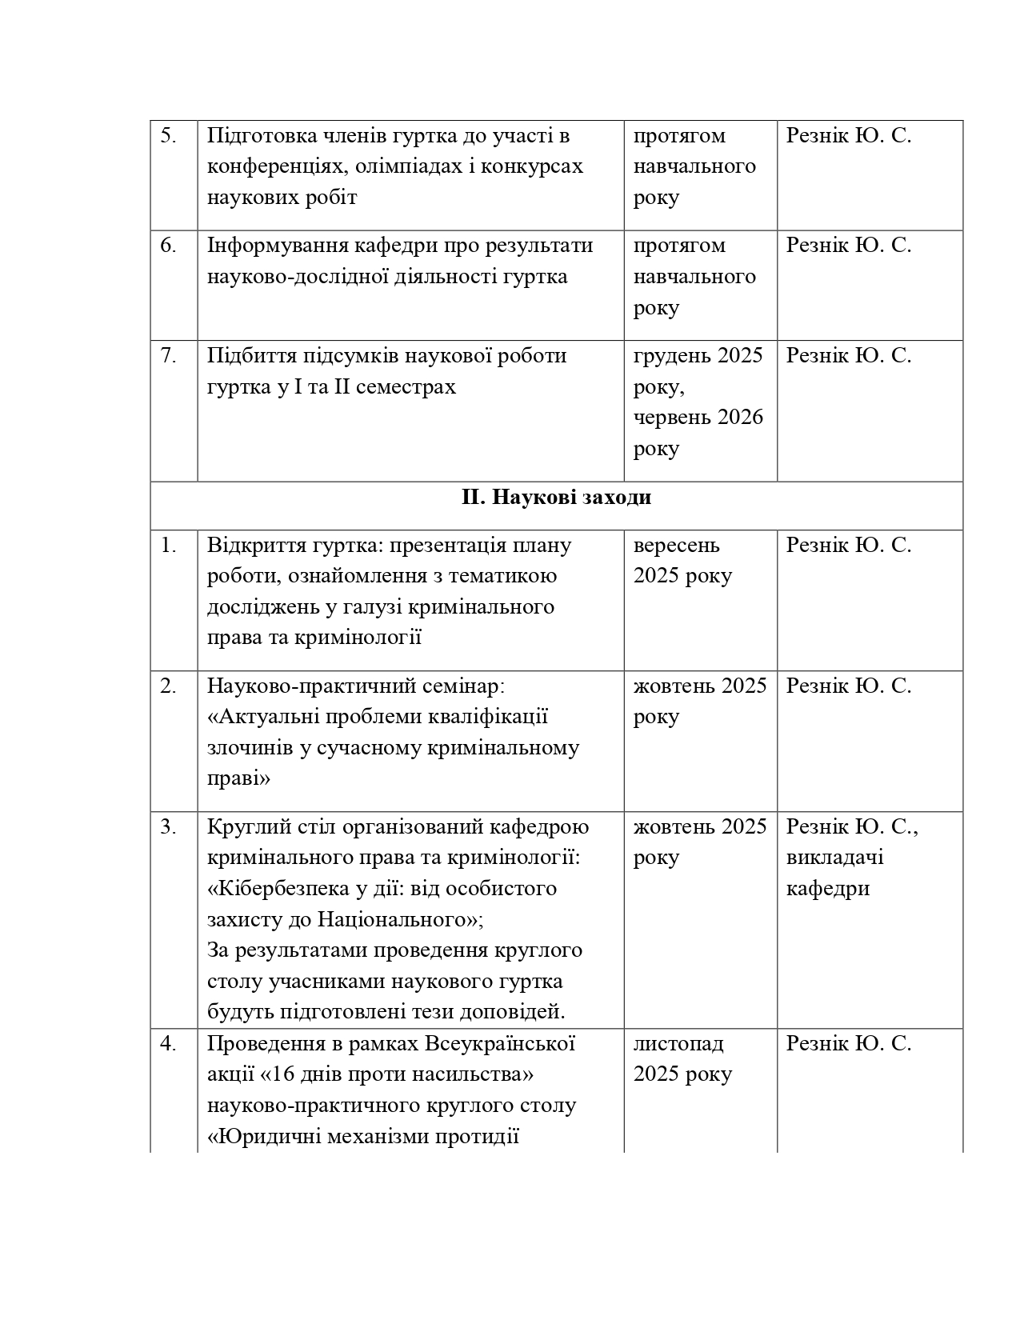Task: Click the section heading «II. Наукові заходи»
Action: [x=556, y=498]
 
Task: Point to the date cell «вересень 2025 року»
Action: [x=682, y=561]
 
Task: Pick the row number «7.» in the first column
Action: [x=169, y=355]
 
